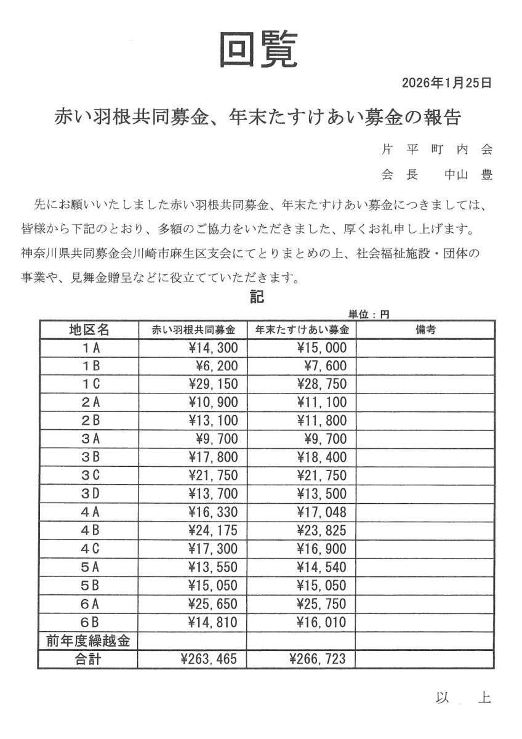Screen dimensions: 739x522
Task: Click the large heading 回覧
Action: point(259,49)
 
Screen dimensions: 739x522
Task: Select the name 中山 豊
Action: point(468,175)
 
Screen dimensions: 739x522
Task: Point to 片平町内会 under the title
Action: point(437,150)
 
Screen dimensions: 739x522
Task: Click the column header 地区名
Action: point(89,330)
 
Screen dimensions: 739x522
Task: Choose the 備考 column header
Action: point(425,330)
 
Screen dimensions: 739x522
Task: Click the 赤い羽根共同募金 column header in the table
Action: point(193,330)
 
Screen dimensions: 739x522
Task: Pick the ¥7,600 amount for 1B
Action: point(326,366)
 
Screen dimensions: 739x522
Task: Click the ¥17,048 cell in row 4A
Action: point(321,512)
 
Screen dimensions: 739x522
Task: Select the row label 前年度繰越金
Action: point(89,641)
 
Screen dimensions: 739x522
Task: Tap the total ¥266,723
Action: point(318,660)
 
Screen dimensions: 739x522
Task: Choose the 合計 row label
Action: point(89,660)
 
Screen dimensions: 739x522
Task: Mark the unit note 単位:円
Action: point(369,314)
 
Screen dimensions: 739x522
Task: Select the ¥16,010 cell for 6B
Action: point(321,623)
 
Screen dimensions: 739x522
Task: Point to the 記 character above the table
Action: point(257,297)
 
